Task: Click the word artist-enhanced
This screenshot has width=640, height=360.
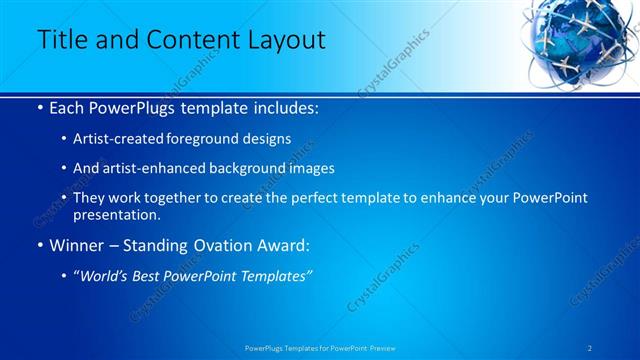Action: click(162, 169)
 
